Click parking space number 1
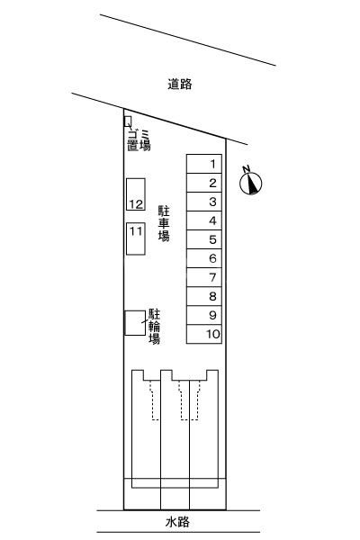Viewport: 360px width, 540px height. click(205, 164)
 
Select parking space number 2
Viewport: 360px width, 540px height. click(205, 183)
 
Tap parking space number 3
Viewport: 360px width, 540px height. click(205, 202)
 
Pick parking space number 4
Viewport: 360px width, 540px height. click(205, 220)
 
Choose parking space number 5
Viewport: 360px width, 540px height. click(205, 239)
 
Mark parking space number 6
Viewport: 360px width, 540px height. click(205, 258)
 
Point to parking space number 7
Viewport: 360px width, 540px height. click(205, 277)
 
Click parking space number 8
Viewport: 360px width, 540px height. click(205, 296)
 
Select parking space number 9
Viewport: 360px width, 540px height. click(205, 315)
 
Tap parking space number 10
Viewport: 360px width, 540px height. click(205, 334)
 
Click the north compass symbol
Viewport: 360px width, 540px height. click(252, 183)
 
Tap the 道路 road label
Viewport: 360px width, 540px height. click(180, 85)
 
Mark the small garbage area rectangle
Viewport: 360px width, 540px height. click(128, 121)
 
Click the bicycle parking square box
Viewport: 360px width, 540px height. click(135, 323)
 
